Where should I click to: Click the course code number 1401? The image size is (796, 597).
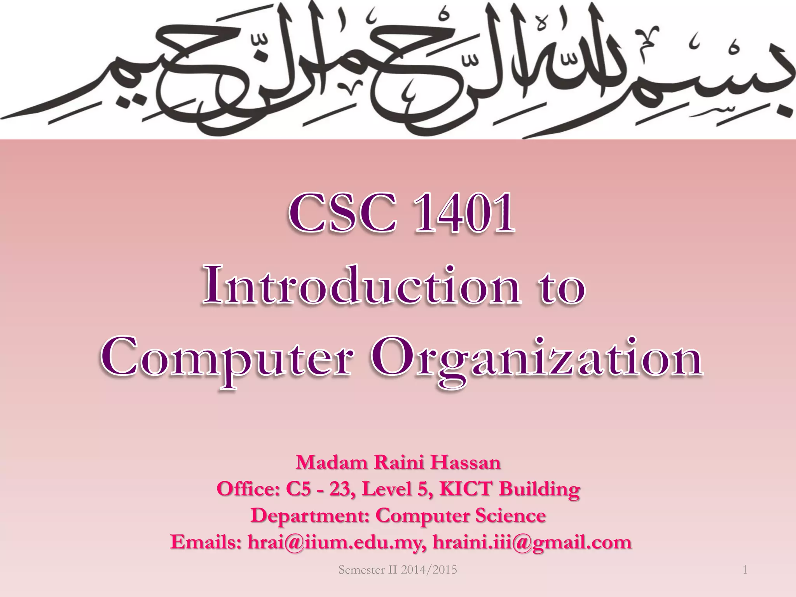[465, 214]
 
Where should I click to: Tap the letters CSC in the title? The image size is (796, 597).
[343, 214]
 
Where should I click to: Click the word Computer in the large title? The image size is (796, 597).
[227, 358]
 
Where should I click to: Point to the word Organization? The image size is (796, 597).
[536, 358]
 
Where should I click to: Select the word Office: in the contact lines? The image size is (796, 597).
[248, 489]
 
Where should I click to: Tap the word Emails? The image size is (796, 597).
[206, 542]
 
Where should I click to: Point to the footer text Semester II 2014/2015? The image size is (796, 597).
[398, 570]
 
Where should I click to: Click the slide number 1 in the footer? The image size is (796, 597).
[745, 570]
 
